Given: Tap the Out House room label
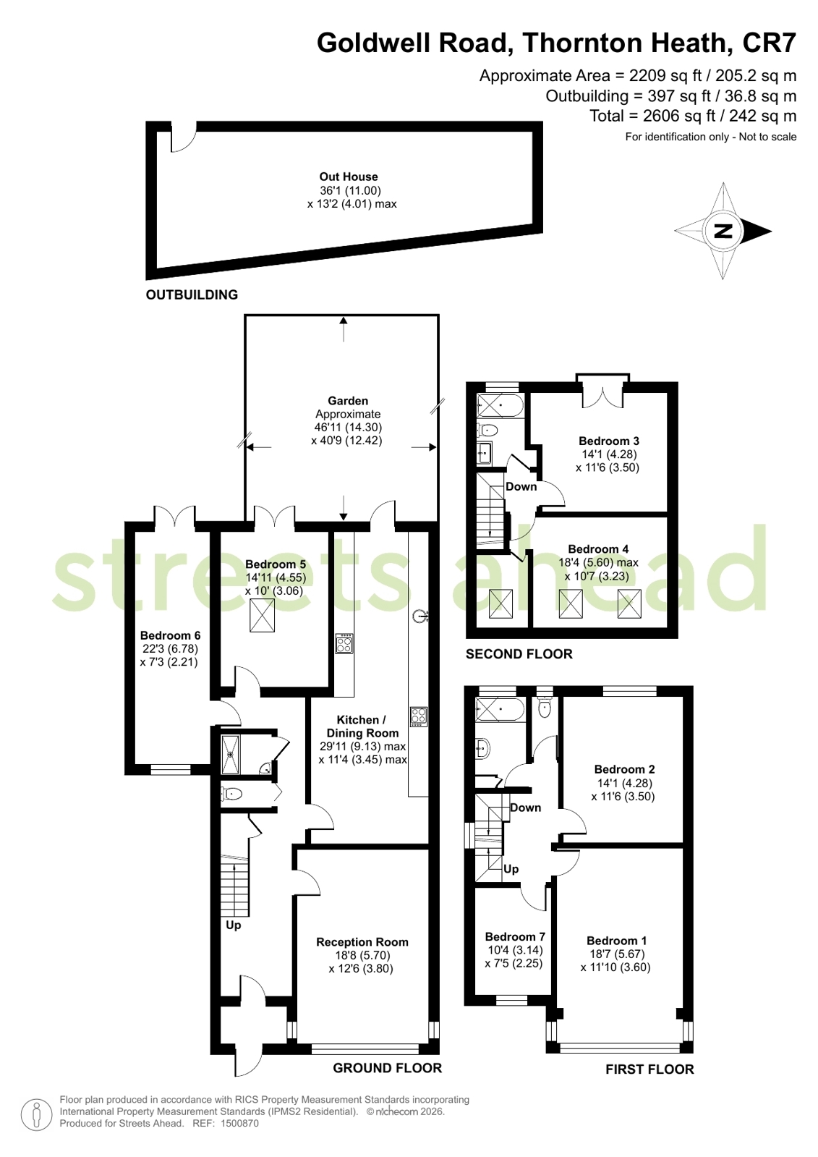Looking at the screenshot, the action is tap(349, 177).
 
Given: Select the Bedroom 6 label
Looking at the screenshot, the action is tap(171, 635).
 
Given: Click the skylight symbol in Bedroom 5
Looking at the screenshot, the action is tap(262, 615).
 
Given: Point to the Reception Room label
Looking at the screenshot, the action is tap(362, 942).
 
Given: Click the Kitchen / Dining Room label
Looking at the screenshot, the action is tap(362, 726).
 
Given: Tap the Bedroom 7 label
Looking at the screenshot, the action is tap(515, 937).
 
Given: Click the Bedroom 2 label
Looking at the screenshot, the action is tap(624, 769).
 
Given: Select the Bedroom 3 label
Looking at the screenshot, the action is tap(609, 441).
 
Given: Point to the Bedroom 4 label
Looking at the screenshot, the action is tap(598, 549).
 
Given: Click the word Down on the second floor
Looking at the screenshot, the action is tap(521, 486).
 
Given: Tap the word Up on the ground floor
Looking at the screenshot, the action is tap(234, 925).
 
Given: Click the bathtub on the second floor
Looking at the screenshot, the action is tap(500, 406).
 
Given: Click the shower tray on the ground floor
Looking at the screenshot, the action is tap(230, 755).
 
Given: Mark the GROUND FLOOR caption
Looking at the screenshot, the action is tap(388, 1068).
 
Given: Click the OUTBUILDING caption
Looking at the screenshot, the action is tap(192, 294).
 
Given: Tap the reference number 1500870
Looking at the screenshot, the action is tap(239, 1124).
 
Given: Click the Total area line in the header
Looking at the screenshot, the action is tap(693, 116).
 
